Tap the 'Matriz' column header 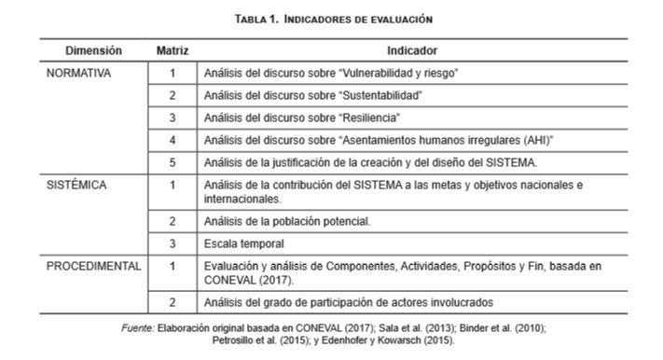click(x=172, y=50)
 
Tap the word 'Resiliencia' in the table click(x=369, y=118)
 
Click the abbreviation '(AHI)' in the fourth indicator click(x=530, y=140)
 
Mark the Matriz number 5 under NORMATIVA click(x=172, y=163)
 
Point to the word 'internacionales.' click(x=244, y=199)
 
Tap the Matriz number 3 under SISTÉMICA click(x=172, y=244)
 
